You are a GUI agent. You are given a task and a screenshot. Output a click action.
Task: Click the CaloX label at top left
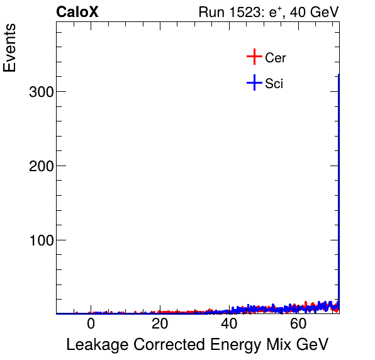tap(77, 12)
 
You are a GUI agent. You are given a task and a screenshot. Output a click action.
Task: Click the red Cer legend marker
tap(254, 57)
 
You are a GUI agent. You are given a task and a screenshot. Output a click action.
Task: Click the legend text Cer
tap(276, 58)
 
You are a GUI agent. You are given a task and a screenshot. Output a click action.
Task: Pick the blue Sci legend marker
tap(254, 83)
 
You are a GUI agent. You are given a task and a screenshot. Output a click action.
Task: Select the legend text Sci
tap(274, 84)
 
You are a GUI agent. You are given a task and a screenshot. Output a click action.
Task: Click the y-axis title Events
tap(11, 50)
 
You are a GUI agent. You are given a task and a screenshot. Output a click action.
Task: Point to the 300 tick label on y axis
tap(40, 92)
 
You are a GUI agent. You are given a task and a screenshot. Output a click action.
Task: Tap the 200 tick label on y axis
tap(40, 166)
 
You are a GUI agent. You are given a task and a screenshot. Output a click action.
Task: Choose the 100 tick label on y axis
tap(40, 240)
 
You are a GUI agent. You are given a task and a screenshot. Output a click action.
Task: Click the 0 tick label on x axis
tap(91, 325)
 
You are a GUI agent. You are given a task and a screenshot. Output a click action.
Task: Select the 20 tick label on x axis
tap(160, 325)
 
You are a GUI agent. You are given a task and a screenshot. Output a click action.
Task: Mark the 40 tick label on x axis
tap(230, 325)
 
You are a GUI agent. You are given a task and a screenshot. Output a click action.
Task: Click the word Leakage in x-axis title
tap(94, 345)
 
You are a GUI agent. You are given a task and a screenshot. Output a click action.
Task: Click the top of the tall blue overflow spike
tap(339, 76)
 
